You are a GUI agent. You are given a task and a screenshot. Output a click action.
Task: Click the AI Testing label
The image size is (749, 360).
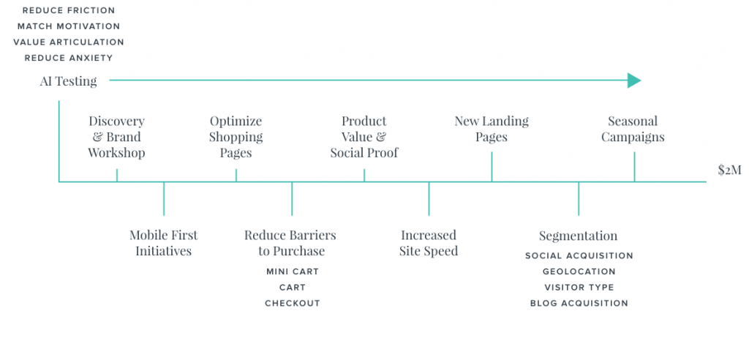click(68, 81)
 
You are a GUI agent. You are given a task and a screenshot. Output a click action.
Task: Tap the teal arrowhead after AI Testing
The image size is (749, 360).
click(634, 80)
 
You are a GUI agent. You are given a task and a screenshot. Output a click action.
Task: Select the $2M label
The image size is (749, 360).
click(729, 170)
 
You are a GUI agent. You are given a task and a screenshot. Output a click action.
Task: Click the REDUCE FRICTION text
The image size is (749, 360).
click(69, 10)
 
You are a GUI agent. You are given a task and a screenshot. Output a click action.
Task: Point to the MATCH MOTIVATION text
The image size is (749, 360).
click(69, 26)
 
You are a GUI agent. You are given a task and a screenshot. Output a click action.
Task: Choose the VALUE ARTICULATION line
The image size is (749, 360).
click(69, 42)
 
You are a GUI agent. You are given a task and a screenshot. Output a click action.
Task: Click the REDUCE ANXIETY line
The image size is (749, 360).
click(69, 58)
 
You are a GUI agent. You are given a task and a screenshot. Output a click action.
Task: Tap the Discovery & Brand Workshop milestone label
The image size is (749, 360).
click(116, 138)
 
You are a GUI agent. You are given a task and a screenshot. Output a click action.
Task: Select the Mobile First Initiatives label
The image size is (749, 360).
click(163, 243)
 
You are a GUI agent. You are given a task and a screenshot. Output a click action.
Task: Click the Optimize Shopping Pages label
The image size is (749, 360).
click(236, 138)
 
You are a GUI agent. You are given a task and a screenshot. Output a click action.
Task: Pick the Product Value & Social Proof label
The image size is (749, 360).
click(364, 138)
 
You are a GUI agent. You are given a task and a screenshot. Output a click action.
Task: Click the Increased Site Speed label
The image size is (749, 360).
click(429, 243)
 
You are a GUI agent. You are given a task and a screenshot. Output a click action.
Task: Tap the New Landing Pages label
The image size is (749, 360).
click(492, 129)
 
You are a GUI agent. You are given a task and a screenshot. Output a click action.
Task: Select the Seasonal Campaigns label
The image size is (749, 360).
click(633, 129)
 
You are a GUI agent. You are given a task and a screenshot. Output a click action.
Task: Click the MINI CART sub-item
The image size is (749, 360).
click(293, 271)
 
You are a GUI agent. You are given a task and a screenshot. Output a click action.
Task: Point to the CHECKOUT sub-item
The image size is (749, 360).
click(293, 303)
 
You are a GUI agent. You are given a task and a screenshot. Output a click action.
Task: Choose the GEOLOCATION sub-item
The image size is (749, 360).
click(579, 271)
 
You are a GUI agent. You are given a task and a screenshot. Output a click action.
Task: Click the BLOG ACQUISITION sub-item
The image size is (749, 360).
click(579, 303)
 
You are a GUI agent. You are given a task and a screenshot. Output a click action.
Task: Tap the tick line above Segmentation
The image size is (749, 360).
click(579, 198)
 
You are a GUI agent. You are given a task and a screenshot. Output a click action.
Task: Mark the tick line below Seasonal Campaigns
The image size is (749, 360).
click(634, 167)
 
